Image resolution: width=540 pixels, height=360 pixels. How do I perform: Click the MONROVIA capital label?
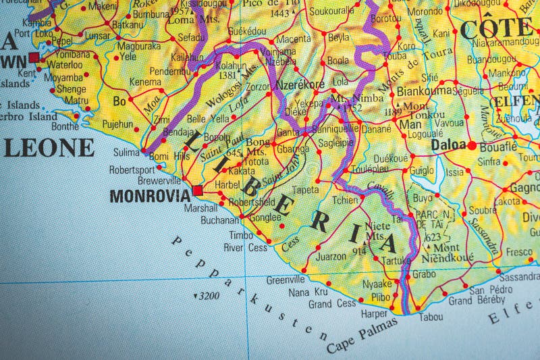pyautogui.click(x=150, y=196)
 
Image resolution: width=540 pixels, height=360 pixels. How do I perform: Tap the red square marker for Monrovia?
pyautogui.click(x=198, y=190)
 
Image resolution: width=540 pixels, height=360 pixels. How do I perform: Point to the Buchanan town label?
pyautogui.click(x=221, y=220)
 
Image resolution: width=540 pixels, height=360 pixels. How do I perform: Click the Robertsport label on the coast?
pyautogui.click(x=132, y=170)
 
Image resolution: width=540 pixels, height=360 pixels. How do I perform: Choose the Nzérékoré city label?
pyautogui.click(x=300, y=85)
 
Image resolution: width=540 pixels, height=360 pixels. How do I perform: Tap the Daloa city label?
pyautogui.click(x=450, y=145)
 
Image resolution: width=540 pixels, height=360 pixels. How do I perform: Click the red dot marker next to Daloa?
pyautogui.click(x=472, y=145)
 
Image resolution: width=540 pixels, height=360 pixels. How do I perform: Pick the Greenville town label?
pyautogui.click(x=286, y=280)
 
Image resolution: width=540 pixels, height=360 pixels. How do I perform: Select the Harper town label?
pyautogui.click(x=373, y=314)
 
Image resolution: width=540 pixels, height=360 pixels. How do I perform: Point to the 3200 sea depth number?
pyautogui.click(x=207, y=296)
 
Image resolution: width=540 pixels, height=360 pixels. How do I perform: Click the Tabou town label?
pyautogui.click(x=431, y=316)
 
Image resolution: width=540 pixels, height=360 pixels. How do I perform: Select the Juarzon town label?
pyautogui.click(x=331, y=257)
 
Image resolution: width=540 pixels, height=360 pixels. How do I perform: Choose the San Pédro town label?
pyautogui.click(x=487, y=290)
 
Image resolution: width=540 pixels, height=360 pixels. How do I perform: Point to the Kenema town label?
pyautogui.click(x=145, y=82)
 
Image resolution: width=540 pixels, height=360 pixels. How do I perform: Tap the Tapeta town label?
pyautogui.click(x=305, y=190)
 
